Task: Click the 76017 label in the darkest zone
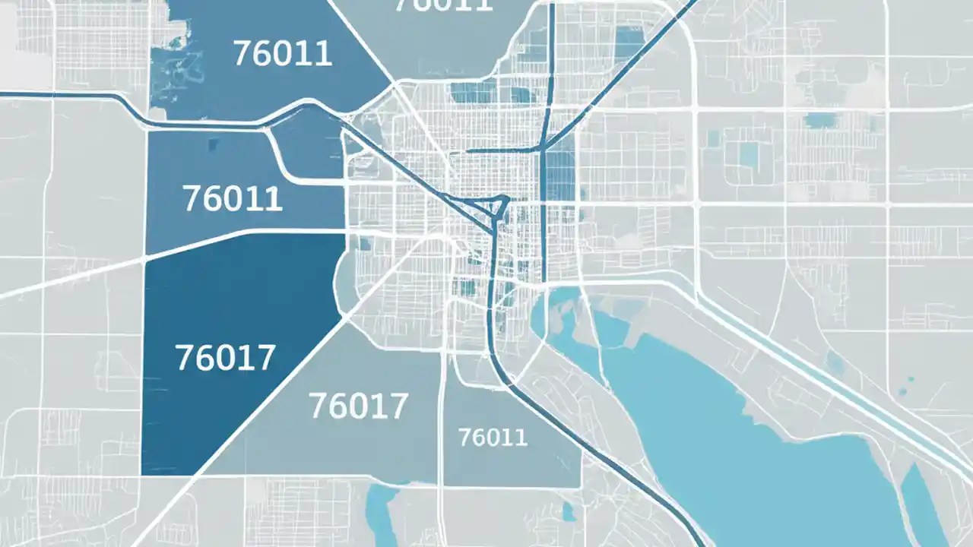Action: pyautogui.click(x=225, y=358)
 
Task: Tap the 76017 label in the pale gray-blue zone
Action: pyautogui.click(x=359, y=407)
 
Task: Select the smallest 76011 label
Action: pyautogui.click(x=493, y=437)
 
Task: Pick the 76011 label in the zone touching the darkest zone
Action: pyautogui.click(x=233, y=198)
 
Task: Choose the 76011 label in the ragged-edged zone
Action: pyautogui.click(x=282, y=54)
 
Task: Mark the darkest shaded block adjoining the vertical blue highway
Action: pyautogui.click(x=560, y=175)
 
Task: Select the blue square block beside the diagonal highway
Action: pyautogui.click(x=629, y=42)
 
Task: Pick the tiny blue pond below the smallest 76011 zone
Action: pyautogui.click(x=569, y=514)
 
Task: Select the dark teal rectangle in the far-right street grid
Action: pyautogui.click(x=820, y=120)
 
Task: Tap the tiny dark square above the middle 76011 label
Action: pyautogui.click(x=212, y=144)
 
